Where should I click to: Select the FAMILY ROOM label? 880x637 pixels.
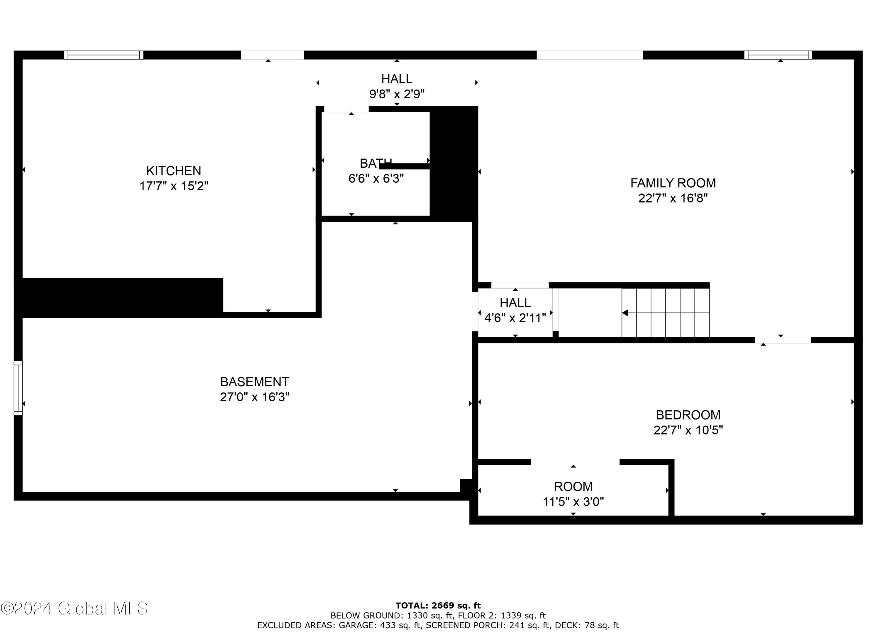[673, 183]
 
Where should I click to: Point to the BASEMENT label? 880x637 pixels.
[255, 382]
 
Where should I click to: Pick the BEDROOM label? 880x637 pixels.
[688, 415]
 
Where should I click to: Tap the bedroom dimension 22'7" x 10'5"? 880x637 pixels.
[688, 430]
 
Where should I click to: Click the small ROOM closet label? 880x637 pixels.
[573, 486]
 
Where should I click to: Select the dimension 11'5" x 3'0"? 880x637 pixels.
[573, 502]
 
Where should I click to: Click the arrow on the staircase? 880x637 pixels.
[625, 313]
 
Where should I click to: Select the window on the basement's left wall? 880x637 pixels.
[18, 388]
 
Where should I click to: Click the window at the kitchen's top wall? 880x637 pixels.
[104, 55]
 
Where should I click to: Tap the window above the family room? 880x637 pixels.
[778, 55]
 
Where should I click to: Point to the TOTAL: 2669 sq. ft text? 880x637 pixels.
[438, 606]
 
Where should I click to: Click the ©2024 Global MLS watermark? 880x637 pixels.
[74, 608]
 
